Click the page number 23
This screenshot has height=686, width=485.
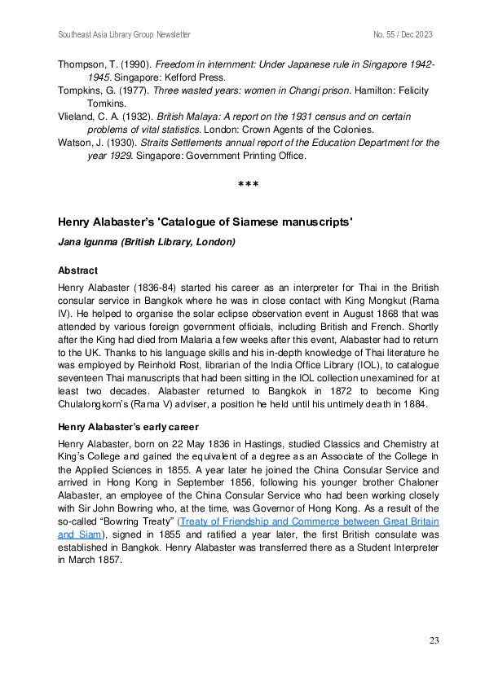[x=434, y=640]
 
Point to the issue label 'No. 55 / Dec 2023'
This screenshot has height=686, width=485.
[x=403, y=35]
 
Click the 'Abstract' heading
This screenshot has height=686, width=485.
[x=78, y=270]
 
